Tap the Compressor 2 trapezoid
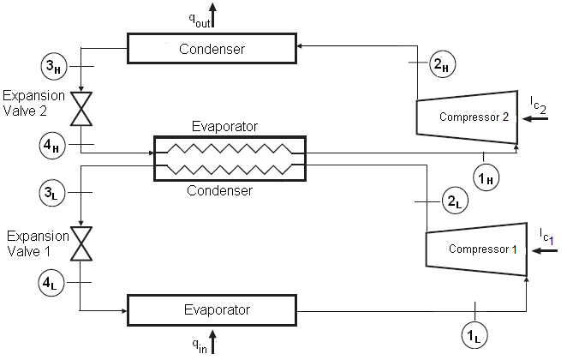(x=467, y=116)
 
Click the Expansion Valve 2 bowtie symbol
(x=82, y=109)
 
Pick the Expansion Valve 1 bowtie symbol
(x=82, y=243)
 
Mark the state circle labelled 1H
(x=486, y=176)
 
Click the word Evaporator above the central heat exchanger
(x=226, y=126)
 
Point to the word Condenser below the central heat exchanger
(x=220, y=191)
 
